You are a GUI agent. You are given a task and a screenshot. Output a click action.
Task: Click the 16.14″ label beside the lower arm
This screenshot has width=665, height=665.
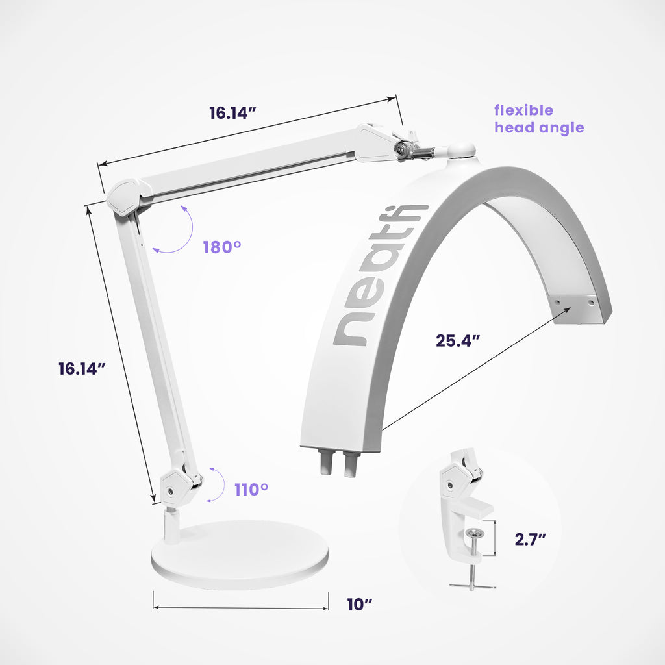[x=82, y=368]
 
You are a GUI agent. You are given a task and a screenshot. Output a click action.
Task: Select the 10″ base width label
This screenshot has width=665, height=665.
[x=359, y=605]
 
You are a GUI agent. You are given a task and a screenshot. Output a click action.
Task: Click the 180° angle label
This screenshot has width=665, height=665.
[x=222, y=247]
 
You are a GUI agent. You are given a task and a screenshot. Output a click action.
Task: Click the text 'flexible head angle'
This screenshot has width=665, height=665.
[x=538, y=119]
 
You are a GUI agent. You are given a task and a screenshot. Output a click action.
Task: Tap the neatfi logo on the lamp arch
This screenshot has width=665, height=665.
[x=379, y=275]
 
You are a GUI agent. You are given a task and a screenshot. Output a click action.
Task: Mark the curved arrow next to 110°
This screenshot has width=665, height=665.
[x=219, y=484]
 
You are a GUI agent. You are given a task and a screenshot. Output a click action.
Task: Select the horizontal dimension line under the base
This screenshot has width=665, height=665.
[x=240, y=609]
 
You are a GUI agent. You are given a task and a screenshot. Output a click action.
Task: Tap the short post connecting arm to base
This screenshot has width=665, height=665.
[x=171, y=525]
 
